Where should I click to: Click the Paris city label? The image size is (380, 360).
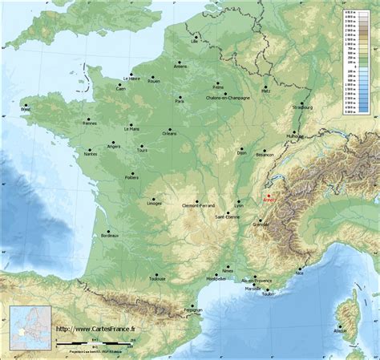coord(180,102)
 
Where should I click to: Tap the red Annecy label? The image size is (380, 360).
coord(268,200)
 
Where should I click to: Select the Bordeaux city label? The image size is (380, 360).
coord(110,236)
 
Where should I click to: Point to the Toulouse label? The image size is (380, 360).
coord(157,279)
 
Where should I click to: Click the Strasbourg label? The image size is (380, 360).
coord(302,107)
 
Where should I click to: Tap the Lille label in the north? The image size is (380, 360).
coord(194,39)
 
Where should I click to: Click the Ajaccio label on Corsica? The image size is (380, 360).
coord(341,330)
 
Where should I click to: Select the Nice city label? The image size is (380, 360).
coord(300,273)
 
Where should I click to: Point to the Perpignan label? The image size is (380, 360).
coord(192,309)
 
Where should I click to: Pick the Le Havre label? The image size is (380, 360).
coord(132,79)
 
